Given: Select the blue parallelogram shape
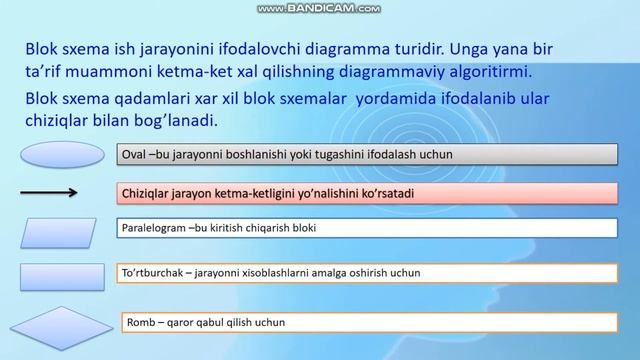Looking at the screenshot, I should [57, 231].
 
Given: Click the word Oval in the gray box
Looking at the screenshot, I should [133, 155].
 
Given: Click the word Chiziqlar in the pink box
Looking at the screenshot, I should [146, 191].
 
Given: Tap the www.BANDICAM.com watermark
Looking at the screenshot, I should [319, 8].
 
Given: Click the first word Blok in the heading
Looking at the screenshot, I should [39, 49].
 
